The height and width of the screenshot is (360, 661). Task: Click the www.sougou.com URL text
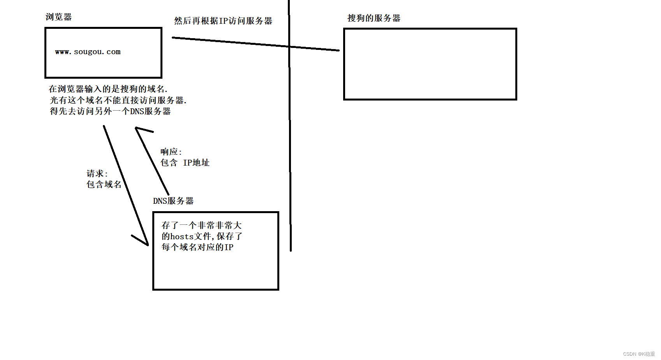pos(88,52)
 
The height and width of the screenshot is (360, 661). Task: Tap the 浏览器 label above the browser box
pos(58,17)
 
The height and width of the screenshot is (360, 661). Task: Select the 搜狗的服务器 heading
pos(374,18)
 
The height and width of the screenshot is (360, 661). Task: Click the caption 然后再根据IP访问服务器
pos(223,21)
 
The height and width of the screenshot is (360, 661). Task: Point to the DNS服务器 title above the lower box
pos(173,201)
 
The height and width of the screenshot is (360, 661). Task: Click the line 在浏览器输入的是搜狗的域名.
pos(108,89)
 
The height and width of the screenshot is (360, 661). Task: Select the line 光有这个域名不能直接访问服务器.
pos(118,101)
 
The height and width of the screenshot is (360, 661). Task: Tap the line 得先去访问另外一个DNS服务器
pos(110,111)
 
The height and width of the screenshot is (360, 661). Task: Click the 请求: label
pos(97,174)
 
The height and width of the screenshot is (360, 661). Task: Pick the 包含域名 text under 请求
pos(104,185)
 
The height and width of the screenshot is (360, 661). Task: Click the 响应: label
pos(171,152)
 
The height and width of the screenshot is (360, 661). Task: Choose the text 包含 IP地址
pos(185,163)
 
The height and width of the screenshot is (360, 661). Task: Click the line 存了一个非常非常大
pos(201,226)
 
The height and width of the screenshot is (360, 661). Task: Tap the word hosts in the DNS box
pos(182,236)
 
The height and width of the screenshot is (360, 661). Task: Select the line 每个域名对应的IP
pos(197,247)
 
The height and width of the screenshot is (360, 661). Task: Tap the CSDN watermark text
pos(639,354)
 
